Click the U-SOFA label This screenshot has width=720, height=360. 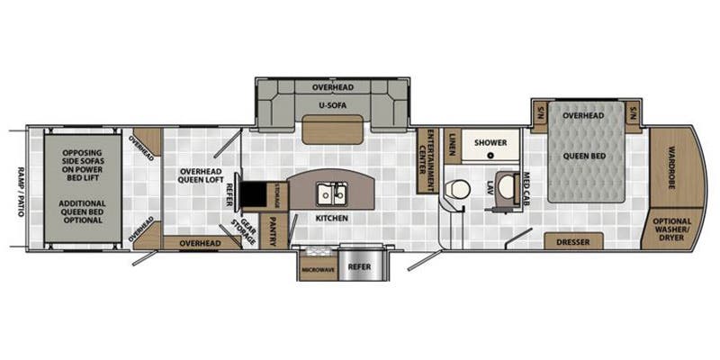pos(332,105)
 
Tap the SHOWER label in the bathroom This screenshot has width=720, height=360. pos(490,142)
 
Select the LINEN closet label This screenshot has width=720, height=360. pos(453,143)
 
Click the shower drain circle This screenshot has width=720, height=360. pos(491,155)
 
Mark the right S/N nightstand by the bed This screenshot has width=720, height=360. pos(633,114)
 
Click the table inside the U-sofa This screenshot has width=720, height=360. pos(332,131)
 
